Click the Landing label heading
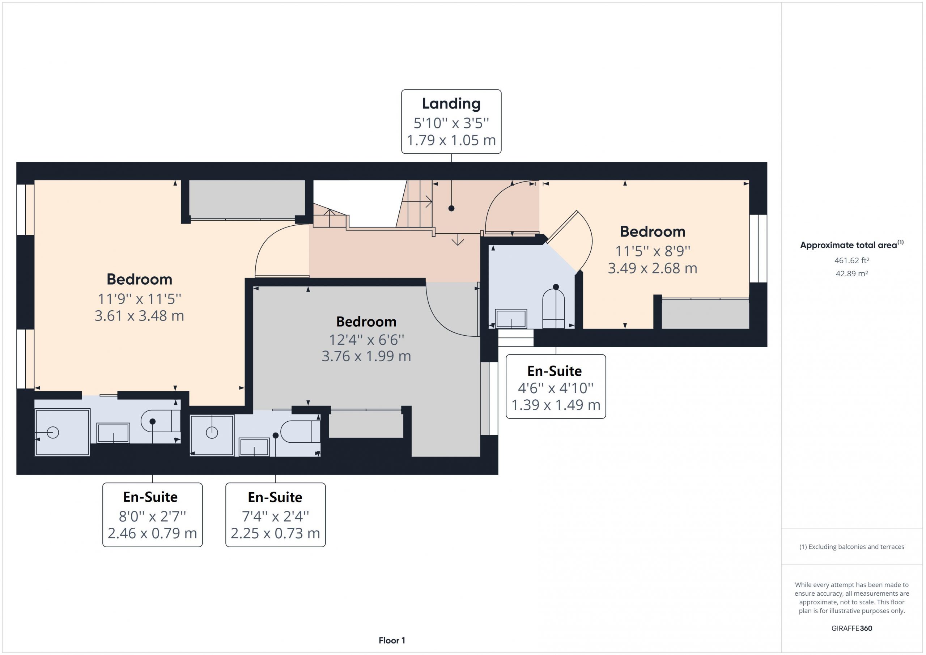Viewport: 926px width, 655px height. coord(451,104)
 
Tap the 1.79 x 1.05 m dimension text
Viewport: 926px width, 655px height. coord(451,140)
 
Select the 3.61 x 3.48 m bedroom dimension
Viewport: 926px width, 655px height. coord(139,315)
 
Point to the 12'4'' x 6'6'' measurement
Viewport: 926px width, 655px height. coord(366,340)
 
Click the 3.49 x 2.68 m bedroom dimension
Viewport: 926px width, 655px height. coord(652,268)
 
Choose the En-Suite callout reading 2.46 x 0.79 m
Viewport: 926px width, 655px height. coord(152,515)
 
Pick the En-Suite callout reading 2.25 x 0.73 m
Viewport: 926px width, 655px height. coord(276,515)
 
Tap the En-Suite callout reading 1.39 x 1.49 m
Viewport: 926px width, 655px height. coord(556,386)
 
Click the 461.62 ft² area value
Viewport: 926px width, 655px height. coord(851,260)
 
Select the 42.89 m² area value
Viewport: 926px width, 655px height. coord(851,273)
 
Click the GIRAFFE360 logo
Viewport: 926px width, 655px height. coord(851,628)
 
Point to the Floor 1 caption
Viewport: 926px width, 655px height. coord(392,640)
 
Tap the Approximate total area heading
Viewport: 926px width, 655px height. coord(851,244)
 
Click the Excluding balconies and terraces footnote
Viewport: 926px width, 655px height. coord(851,546)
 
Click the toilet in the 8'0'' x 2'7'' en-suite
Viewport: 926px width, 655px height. coord(161,421)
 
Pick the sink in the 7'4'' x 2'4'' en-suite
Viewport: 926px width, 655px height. coord(254,447)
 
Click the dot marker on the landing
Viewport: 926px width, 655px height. coord(451,209)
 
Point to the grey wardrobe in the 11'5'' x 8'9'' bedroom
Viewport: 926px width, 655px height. coord(705,314)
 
